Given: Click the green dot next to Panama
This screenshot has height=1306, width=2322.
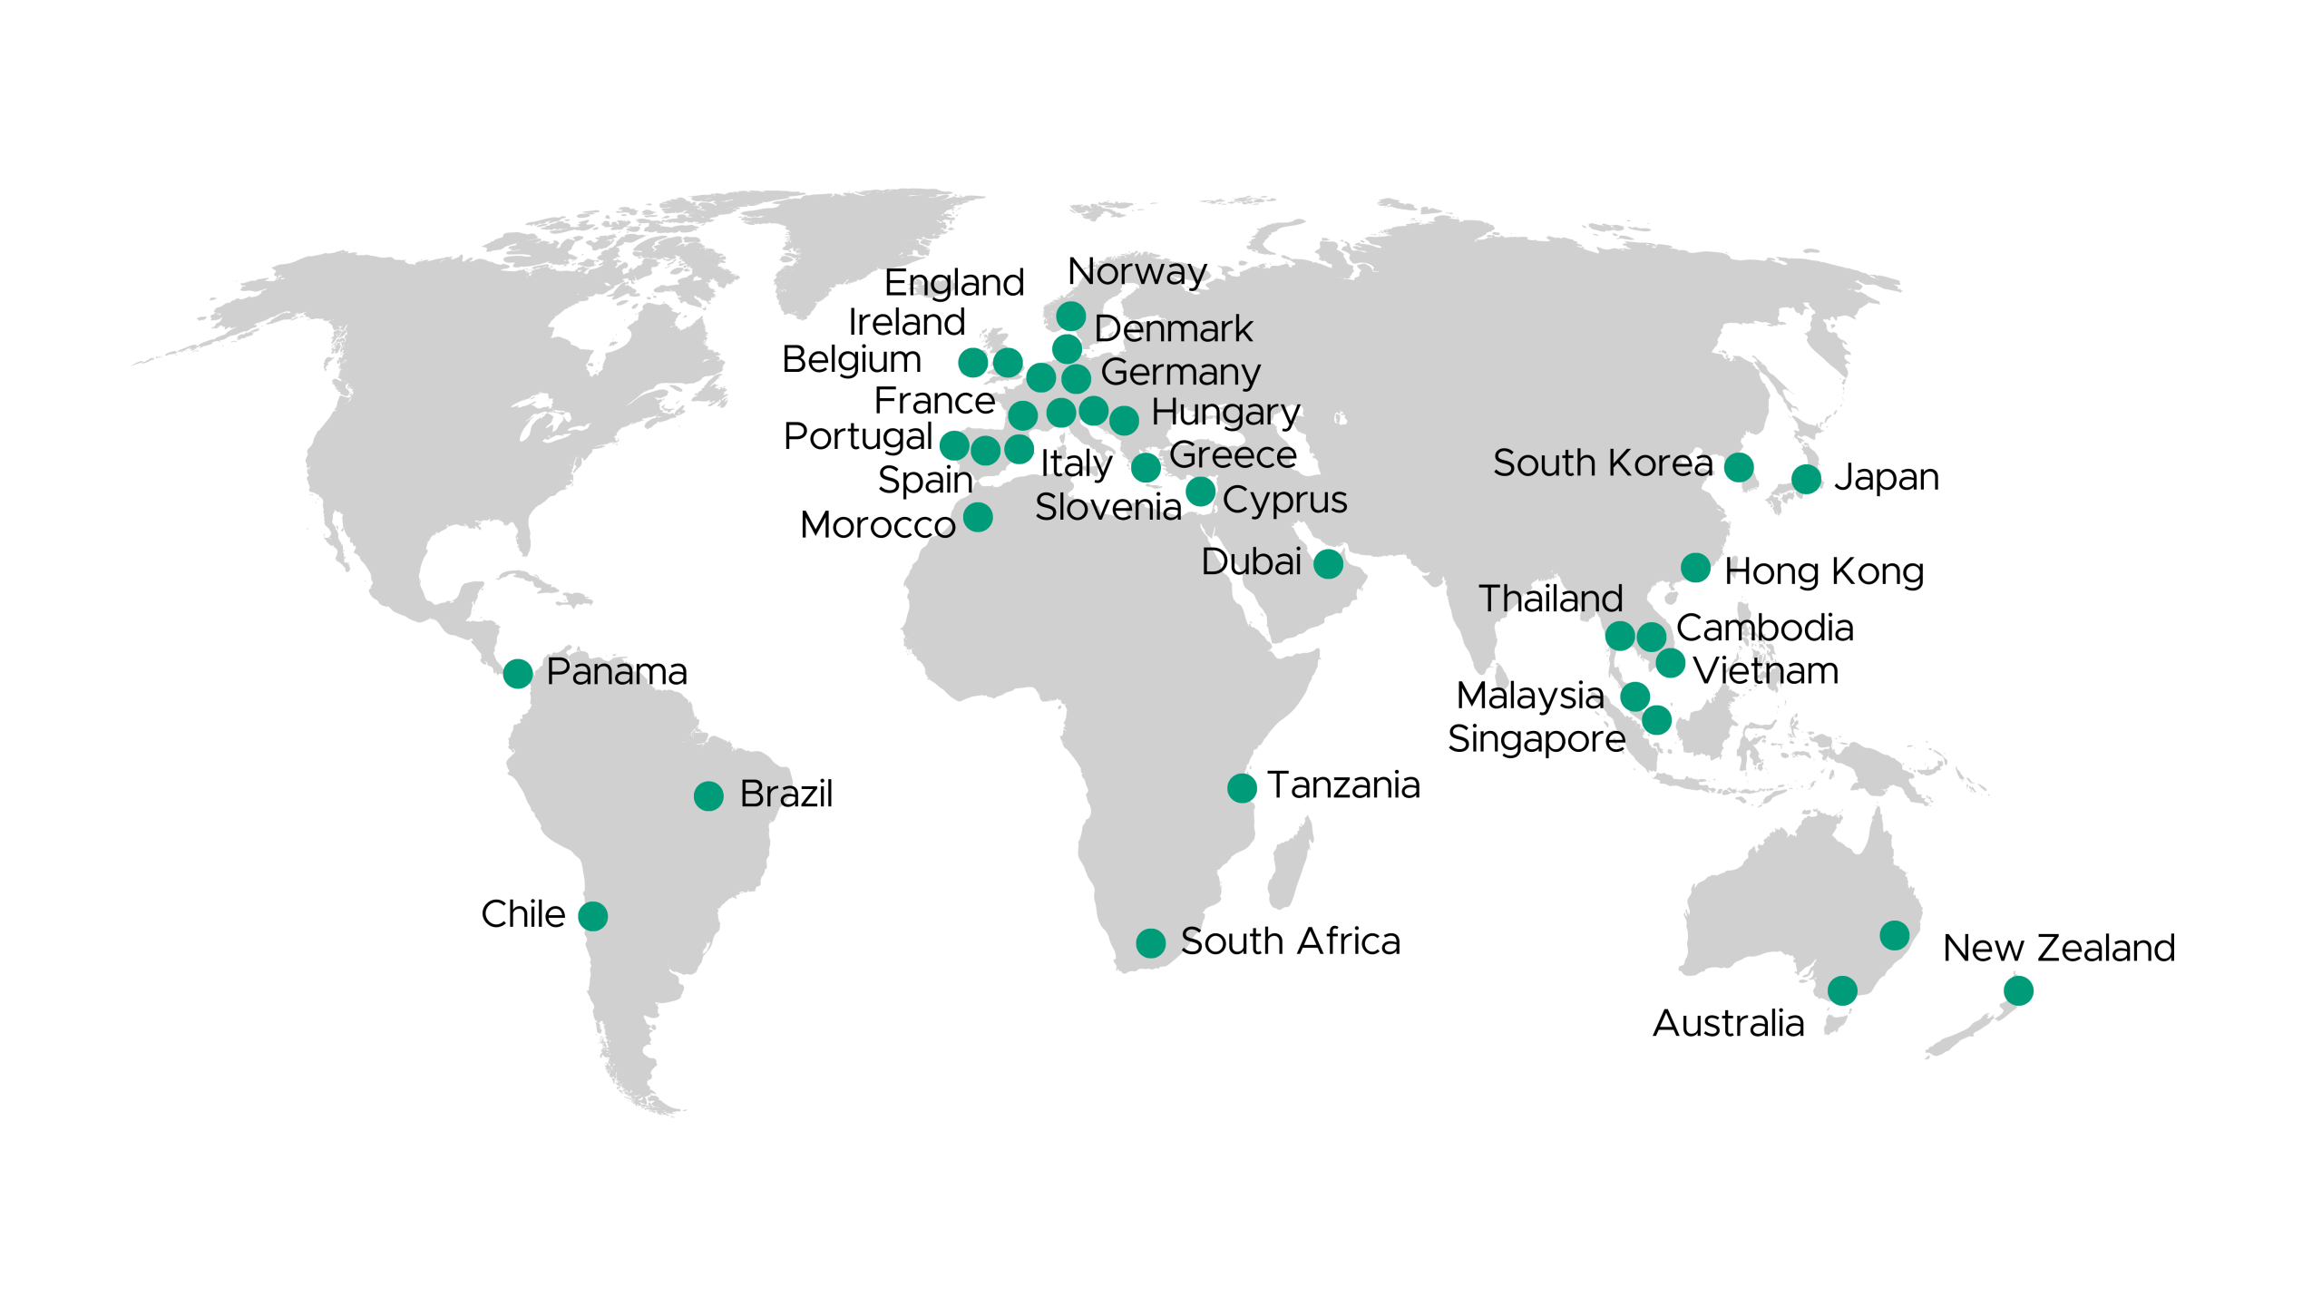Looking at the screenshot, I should [x=518, y=674].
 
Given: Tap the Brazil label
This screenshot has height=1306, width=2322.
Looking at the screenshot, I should [x=785, y=794].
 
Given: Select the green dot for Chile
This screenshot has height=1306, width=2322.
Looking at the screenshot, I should [x=593, y=916].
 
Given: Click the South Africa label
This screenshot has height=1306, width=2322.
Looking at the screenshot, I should [x=1290, y=941].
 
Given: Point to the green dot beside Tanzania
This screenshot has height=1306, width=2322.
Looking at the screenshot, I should [x=1242, y=788].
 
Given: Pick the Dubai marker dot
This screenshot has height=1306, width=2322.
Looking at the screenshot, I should [x=1328, y=564].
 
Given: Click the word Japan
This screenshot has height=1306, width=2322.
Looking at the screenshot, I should [x=1887, y=478].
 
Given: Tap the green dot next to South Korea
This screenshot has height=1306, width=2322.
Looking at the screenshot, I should [x=1739, y=467].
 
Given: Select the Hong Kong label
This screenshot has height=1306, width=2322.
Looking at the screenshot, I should [x=1824, y=571].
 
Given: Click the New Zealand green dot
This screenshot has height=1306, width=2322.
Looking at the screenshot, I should [x=2018, y=990].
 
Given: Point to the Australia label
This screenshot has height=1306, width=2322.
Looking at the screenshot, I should [x=1728, y=1024].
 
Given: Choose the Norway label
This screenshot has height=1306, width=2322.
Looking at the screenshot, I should [x=1137, y=272].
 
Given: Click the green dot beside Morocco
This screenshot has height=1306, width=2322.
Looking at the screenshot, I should [x=978, y=517].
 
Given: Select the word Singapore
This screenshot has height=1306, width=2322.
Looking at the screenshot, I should [x=1537, y=739].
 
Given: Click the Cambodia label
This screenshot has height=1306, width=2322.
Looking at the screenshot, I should [x=1764, y=629].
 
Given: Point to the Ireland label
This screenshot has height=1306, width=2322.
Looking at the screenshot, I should [x=906, y=322].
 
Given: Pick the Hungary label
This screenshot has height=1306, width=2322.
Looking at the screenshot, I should [x=1225, y=414].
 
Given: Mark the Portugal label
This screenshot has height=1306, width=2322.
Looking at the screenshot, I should [x=858, y=437].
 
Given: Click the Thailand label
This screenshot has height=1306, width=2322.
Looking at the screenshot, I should [x=1550, y=599].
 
